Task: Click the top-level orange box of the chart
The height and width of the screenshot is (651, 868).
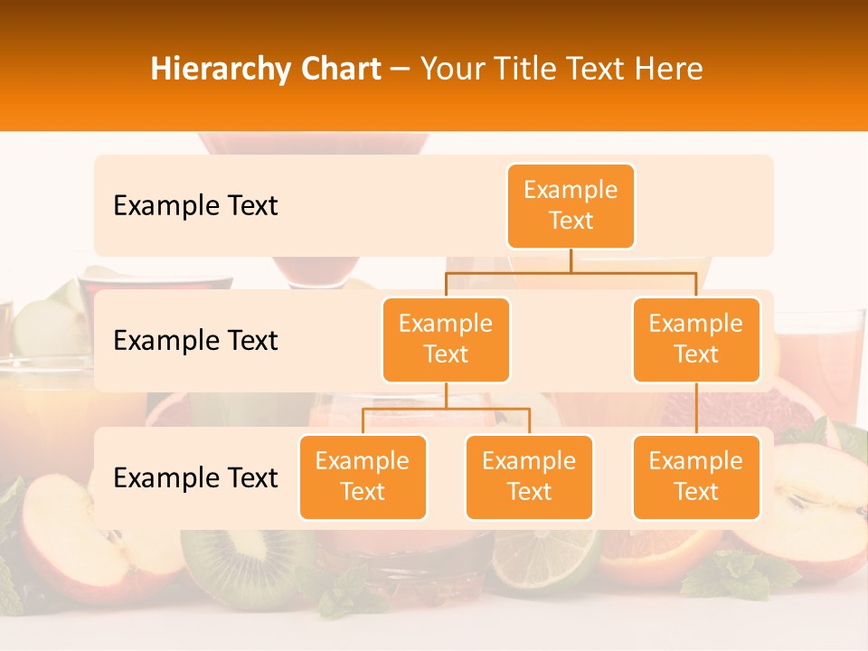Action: pos(571,205)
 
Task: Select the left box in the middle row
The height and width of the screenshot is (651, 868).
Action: pos(446,339)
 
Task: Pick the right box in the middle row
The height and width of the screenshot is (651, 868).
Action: pos(696,339)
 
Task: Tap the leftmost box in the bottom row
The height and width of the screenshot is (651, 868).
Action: pos(363,476)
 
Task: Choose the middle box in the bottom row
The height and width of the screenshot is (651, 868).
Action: pos(529,476)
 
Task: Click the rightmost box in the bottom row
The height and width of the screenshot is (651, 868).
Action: pos(696,476)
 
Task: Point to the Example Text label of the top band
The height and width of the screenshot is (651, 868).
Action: pos(195,206)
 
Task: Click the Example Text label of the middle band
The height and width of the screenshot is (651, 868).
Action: pos(195,341)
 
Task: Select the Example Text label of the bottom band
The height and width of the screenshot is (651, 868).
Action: pos(195,477)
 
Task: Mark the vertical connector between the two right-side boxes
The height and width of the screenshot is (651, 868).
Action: pos(696,409)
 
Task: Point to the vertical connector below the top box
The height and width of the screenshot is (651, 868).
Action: pos(571,260)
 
